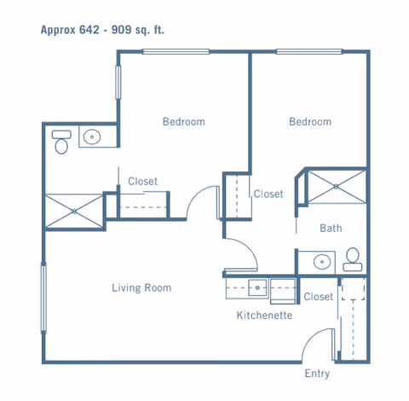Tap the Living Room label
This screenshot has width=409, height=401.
coord(141,288)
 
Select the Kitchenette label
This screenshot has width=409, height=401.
coord(264,315)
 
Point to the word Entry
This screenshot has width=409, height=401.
coord(317,374)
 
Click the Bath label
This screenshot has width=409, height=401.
coord(331,228)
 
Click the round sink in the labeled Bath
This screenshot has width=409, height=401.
coord(322,261)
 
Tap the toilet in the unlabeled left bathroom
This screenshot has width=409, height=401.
coord(60,142)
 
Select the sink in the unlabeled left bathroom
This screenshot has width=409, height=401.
coord(90,137)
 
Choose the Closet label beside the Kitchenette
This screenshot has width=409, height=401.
coord(318,297)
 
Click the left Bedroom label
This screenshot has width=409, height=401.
coord(183,122)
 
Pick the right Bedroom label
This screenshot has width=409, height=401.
coord(309,122)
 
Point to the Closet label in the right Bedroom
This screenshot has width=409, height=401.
coord(268,194)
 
